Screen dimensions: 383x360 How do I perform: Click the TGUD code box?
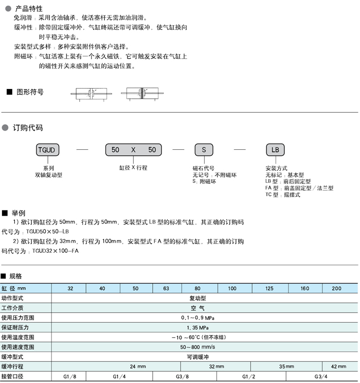[49, 150]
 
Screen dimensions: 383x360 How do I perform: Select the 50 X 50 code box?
[133, 150]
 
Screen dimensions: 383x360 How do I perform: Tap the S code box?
[203, 150]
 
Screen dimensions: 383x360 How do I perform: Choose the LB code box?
[275, 150]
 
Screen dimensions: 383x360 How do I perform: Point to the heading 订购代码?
[29, 128]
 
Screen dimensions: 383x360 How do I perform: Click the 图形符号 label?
[30, 92]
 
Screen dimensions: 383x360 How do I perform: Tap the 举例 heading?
[19, 213]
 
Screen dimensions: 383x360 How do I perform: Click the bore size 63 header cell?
[166, 288]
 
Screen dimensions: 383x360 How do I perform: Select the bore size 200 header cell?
[336, 288]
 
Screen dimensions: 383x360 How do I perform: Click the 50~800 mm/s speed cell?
[197, 347]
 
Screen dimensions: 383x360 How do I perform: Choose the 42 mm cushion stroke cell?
[339, 367]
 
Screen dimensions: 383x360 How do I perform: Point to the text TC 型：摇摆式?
[282, 195]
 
